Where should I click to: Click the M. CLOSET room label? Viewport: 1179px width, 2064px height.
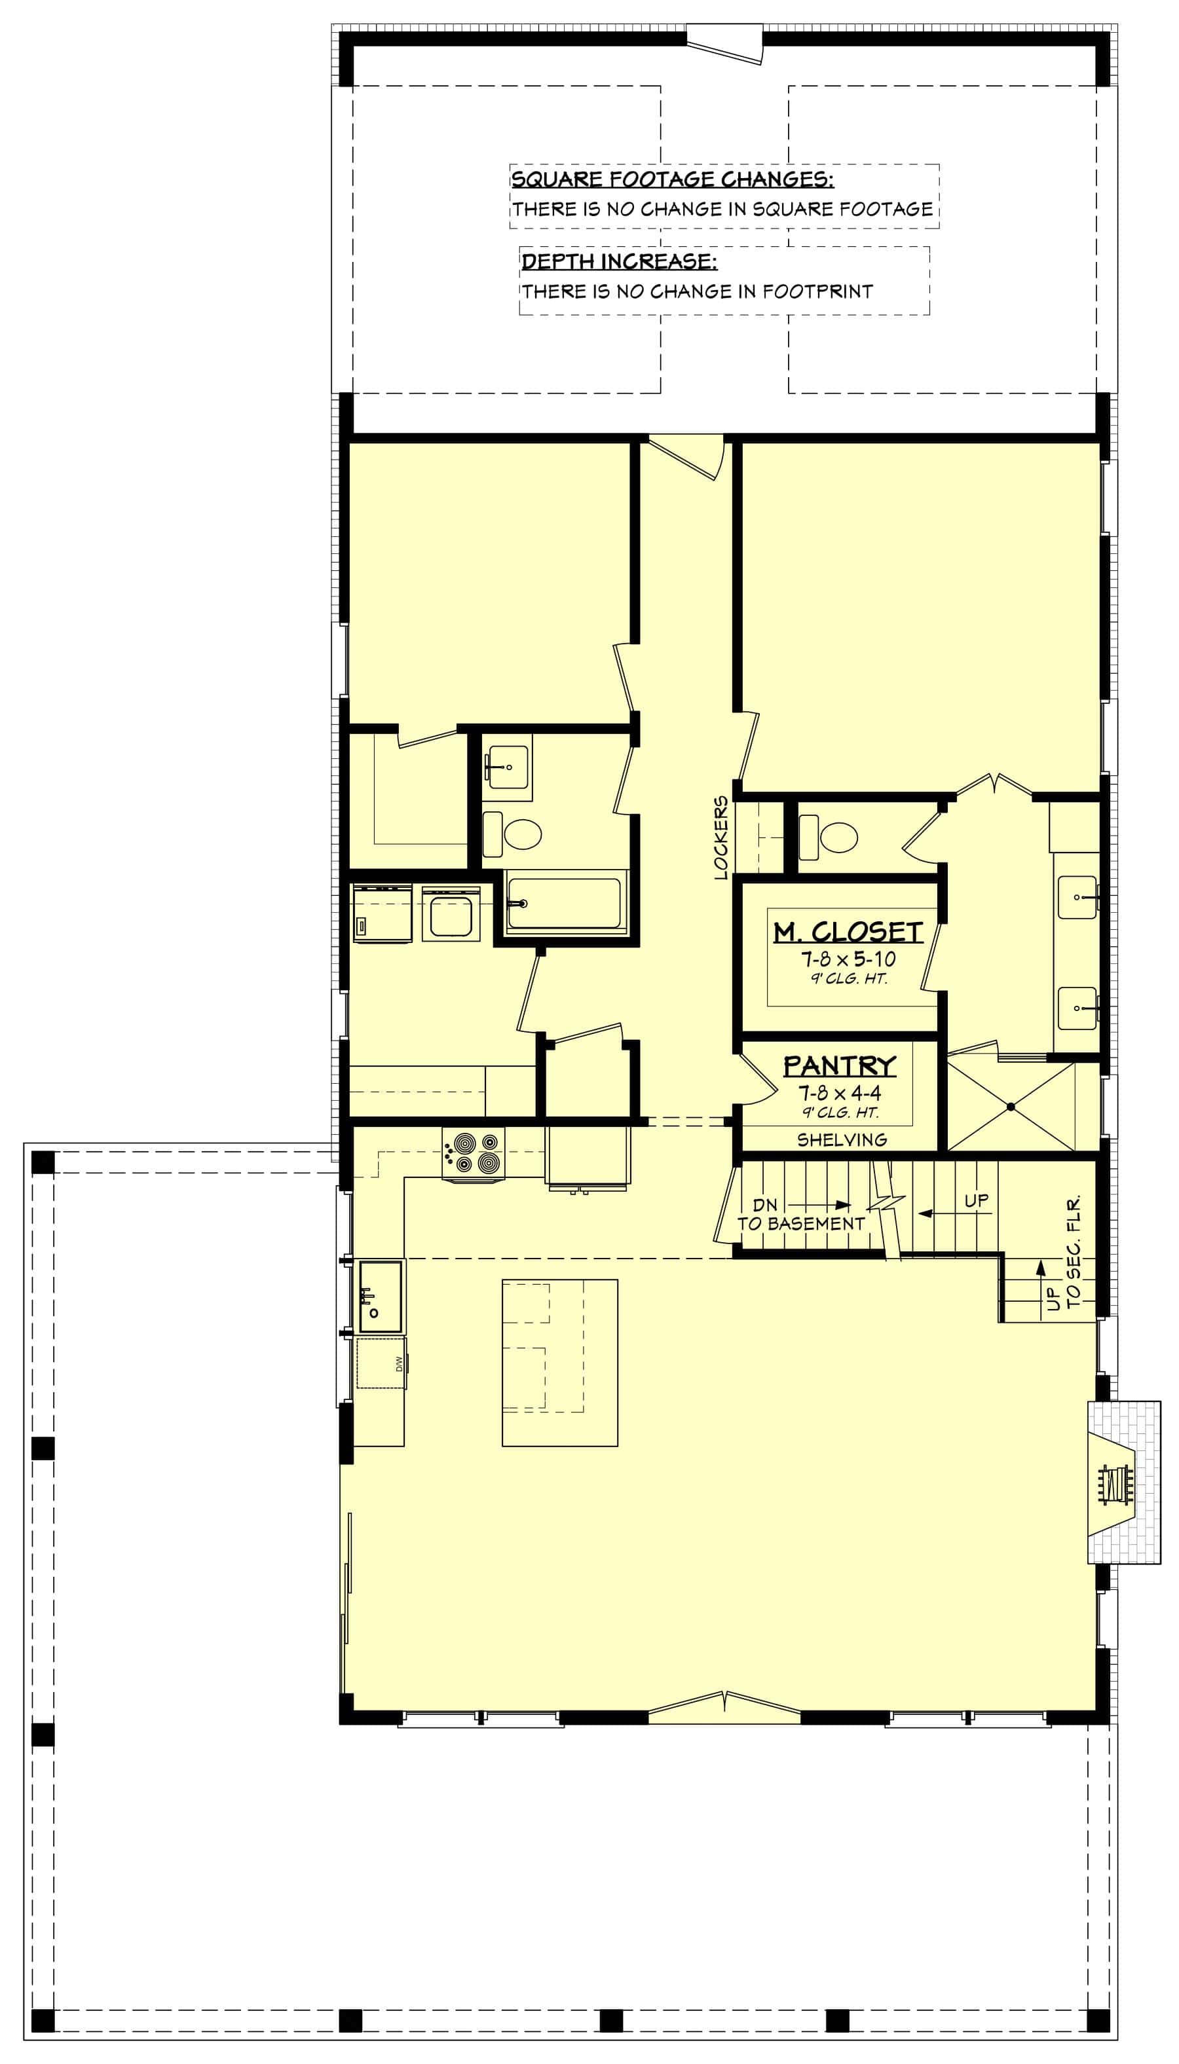click(x=847, y=932)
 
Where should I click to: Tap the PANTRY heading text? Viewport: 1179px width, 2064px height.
click(x=839, y=1065)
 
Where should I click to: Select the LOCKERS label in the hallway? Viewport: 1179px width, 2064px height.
click(x=720, y=838)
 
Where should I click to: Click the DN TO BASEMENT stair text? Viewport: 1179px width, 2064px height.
click(x=800, y=1215)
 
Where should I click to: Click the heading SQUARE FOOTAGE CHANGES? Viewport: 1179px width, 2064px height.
click(x=671, y=179)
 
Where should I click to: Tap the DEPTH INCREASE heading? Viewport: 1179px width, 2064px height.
click(x=619, y=261)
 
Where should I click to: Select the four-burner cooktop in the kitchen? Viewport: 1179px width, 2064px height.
click(x=472, y=1152)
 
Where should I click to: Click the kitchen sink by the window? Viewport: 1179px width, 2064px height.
click(x=380, y=1296)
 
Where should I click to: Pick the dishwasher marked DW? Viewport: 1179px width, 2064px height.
click(x=381, y=1364)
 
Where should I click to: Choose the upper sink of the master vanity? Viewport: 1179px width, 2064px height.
click(x=1077, y=898)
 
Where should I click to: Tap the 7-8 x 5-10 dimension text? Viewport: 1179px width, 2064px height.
click(x=848, y=959)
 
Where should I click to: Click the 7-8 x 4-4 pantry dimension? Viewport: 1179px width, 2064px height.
click(x=839, y=1094)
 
